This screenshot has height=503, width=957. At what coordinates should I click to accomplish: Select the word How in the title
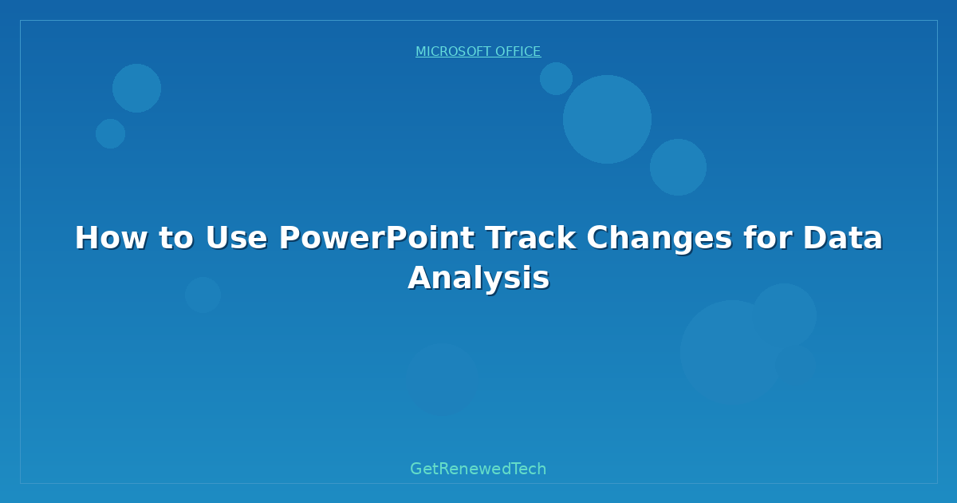click(x=111, y=238)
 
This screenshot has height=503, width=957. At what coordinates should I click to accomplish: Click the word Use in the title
click(x=236, y=238)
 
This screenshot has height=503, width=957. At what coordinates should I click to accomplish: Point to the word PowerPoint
click(x=376, y=238)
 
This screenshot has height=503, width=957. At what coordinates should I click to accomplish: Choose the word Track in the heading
click(x=530, y=238)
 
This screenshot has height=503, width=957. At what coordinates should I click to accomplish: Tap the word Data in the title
click(x=842, y=238)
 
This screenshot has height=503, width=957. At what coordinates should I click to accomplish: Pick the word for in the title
click(x=768, y=238)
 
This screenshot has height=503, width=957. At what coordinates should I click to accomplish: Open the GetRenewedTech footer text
click(x=478, y=469)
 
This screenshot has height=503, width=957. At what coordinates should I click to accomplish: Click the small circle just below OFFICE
click(x=556, y=79)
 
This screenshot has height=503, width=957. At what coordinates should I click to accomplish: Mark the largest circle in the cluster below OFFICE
click(x=607, y=119)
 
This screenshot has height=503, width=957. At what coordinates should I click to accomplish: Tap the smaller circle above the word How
click(x=110, y=134)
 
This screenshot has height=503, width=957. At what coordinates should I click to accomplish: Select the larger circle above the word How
click(x=136, y=88)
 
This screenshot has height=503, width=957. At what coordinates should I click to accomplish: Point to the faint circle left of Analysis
click(x=203, y=295)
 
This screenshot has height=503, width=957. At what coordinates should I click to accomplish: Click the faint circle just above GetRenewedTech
click(x=442, y=379)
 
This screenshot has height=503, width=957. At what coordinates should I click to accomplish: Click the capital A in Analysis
click(x=421, y=278)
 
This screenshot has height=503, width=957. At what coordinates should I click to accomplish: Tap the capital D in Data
click(x=816, y=238)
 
